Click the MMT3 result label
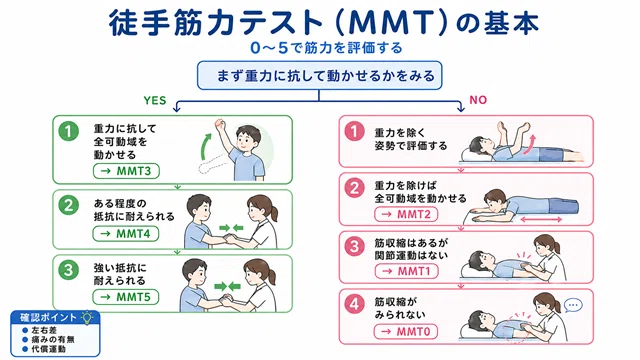[126, 171]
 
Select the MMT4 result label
[126, 234]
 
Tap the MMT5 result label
[126, 297]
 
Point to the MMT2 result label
[406, 214]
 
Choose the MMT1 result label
[407, 271]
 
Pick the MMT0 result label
[406, 331]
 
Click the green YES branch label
[155, 100]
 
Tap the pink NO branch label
[478, 100]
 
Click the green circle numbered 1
[69, 131]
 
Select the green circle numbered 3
[68, 270]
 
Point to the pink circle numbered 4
[354, 304]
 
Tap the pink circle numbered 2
[354, 188]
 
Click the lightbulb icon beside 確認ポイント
[87, 317]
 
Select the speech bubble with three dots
[573, 305]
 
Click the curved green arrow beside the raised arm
[205, 145]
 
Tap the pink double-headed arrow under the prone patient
[541, 220]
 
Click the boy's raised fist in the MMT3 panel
[221, 123]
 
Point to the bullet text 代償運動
[48, 349]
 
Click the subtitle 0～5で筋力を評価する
[327, 48]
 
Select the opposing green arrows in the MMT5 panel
[228, 287]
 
